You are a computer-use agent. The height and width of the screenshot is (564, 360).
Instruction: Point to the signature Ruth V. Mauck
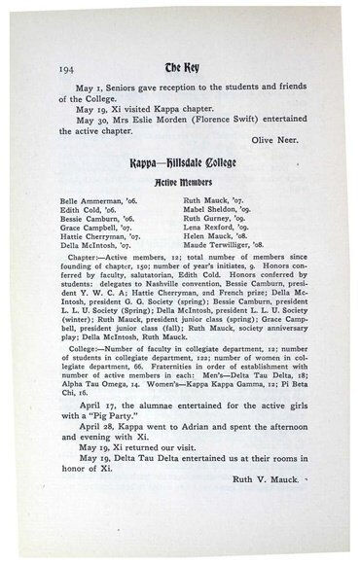273,506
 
